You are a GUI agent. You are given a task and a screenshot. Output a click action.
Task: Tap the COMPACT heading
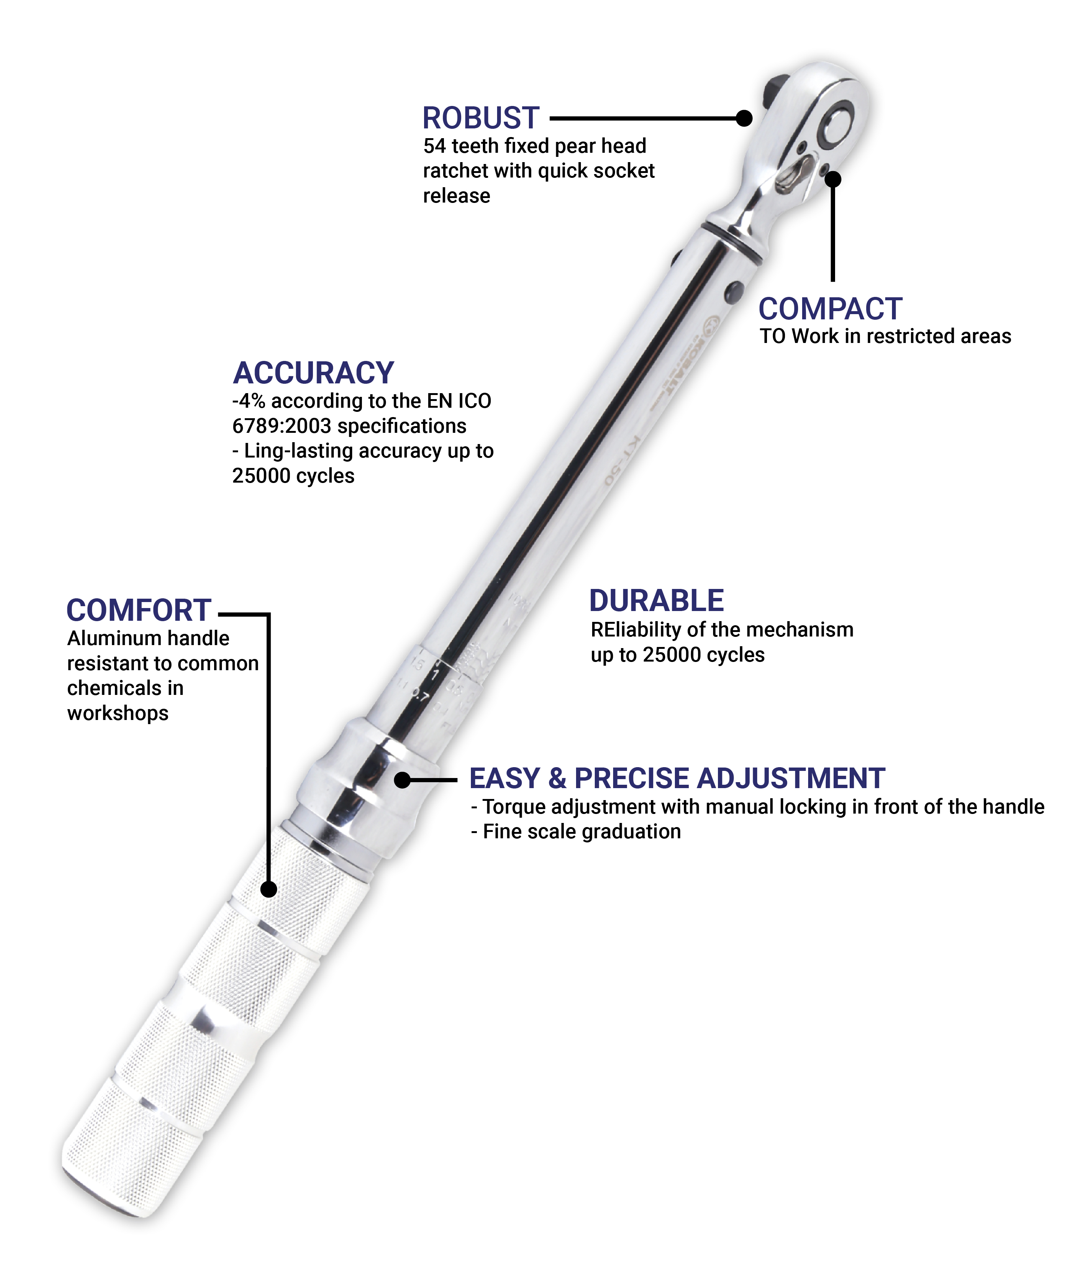click(830, 309)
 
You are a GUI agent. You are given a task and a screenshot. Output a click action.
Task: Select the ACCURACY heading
click(313, 373)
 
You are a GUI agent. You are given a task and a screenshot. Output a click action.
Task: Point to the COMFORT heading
click(139, 610)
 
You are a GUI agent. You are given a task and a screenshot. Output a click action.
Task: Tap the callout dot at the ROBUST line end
click(744, 118)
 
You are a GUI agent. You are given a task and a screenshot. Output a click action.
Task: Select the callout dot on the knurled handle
click(268, 889)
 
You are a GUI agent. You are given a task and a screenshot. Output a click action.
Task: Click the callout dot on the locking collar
click(402, 780)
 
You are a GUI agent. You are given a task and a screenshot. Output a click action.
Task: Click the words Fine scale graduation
click(582, 831)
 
